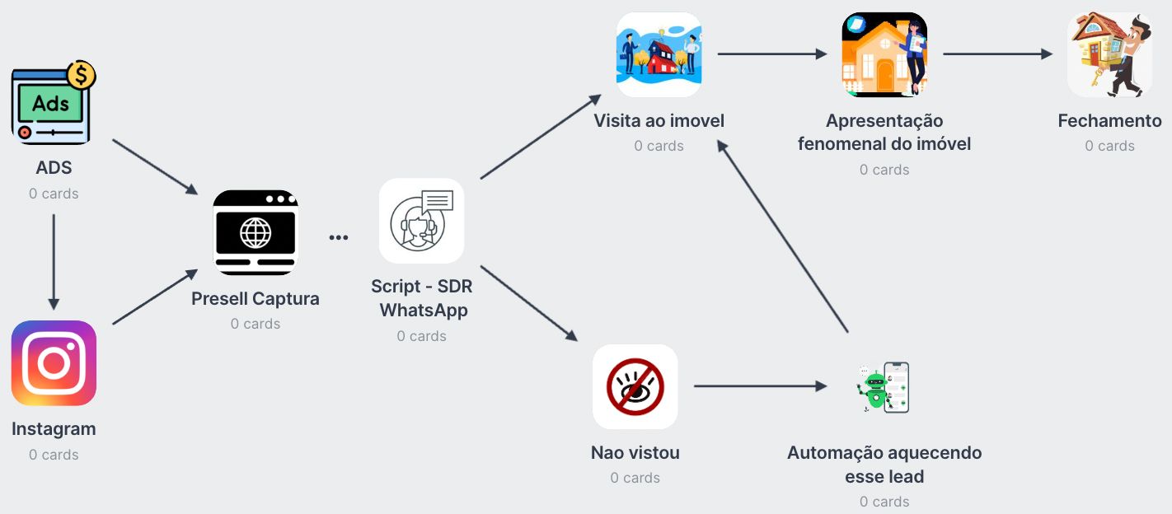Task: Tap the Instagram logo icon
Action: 54,362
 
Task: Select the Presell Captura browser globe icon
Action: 255,232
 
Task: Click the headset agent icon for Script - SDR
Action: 421,221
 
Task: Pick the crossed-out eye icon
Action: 635,386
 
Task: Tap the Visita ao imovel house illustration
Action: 659,55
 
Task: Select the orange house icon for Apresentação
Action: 884,55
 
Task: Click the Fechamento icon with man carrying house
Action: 1109,55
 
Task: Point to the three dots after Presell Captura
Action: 339,237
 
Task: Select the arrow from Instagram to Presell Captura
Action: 154,297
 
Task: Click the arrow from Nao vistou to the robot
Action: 759,385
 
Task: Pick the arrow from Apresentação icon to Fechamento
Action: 997,54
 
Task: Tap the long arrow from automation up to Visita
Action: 783,236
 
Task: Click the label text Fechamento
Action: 1109,121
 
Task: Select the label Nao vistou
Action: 635,452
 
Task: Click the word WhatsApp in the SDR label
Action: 423,311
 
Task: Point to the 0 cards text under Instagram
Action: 54,455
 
